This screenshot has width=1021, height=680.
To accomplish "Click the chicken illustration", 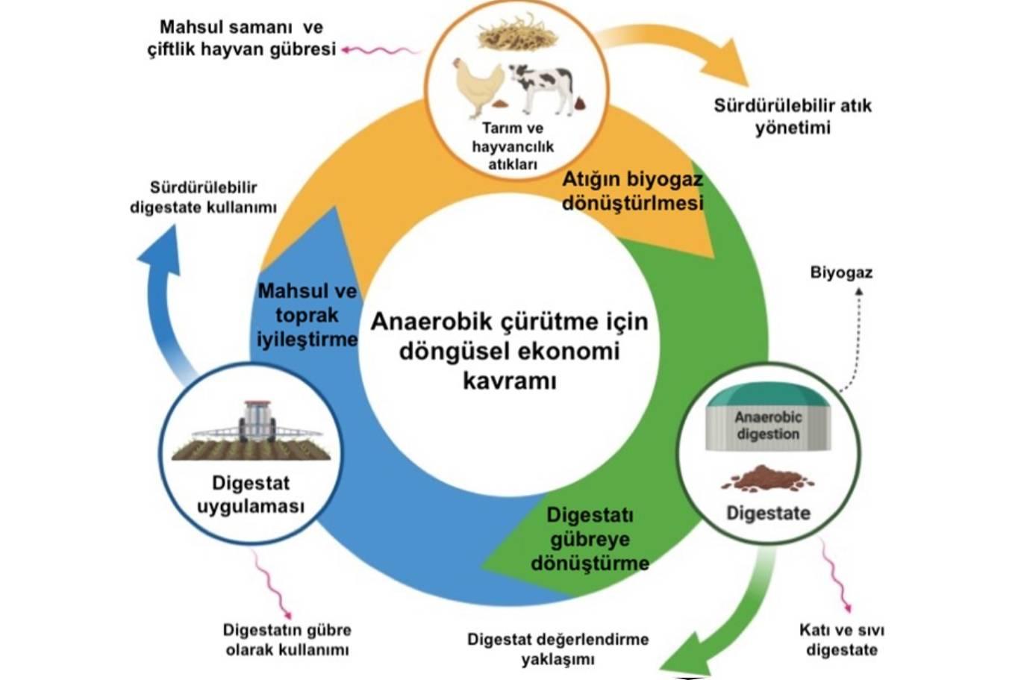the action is pos(478,87).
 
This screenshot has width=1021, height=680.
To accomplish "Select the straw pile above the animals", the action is pos(518,33).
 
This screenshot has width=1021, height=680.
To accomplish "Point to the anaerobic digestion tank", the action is pos(769,417).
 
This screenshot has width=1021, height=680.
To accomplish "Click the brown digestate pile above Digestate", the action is pos(767,478).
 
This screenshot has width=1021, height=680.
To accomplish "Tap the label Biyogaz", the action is pos(841,272).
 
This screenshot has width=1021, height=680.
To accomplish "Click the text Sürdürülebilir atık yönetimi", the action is pos(793,116).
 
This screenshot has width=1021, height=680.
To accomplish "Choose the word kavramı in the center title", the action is pos(510,381).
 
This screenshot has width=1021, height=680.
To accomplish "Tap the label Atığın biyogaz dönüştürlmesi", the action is pos(633,191).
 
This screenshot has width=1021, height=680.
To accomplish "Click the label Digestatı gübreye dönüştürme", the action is pos(590,540).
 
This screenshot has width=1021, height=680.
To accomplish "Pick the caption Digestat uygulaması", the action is pos(251,495).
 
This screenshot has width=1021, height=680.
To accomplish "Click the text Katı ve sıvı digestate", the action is pos(842,640).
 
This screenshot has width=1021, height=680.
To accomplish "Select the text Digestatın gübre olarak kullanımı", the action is pos(287,640).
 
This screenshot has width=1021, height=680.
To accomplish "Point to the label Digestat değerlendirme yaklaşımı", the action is pos(558,649).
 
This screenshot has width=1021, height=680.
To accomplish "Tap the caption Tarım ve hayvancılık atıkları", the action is pos(513,146).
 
